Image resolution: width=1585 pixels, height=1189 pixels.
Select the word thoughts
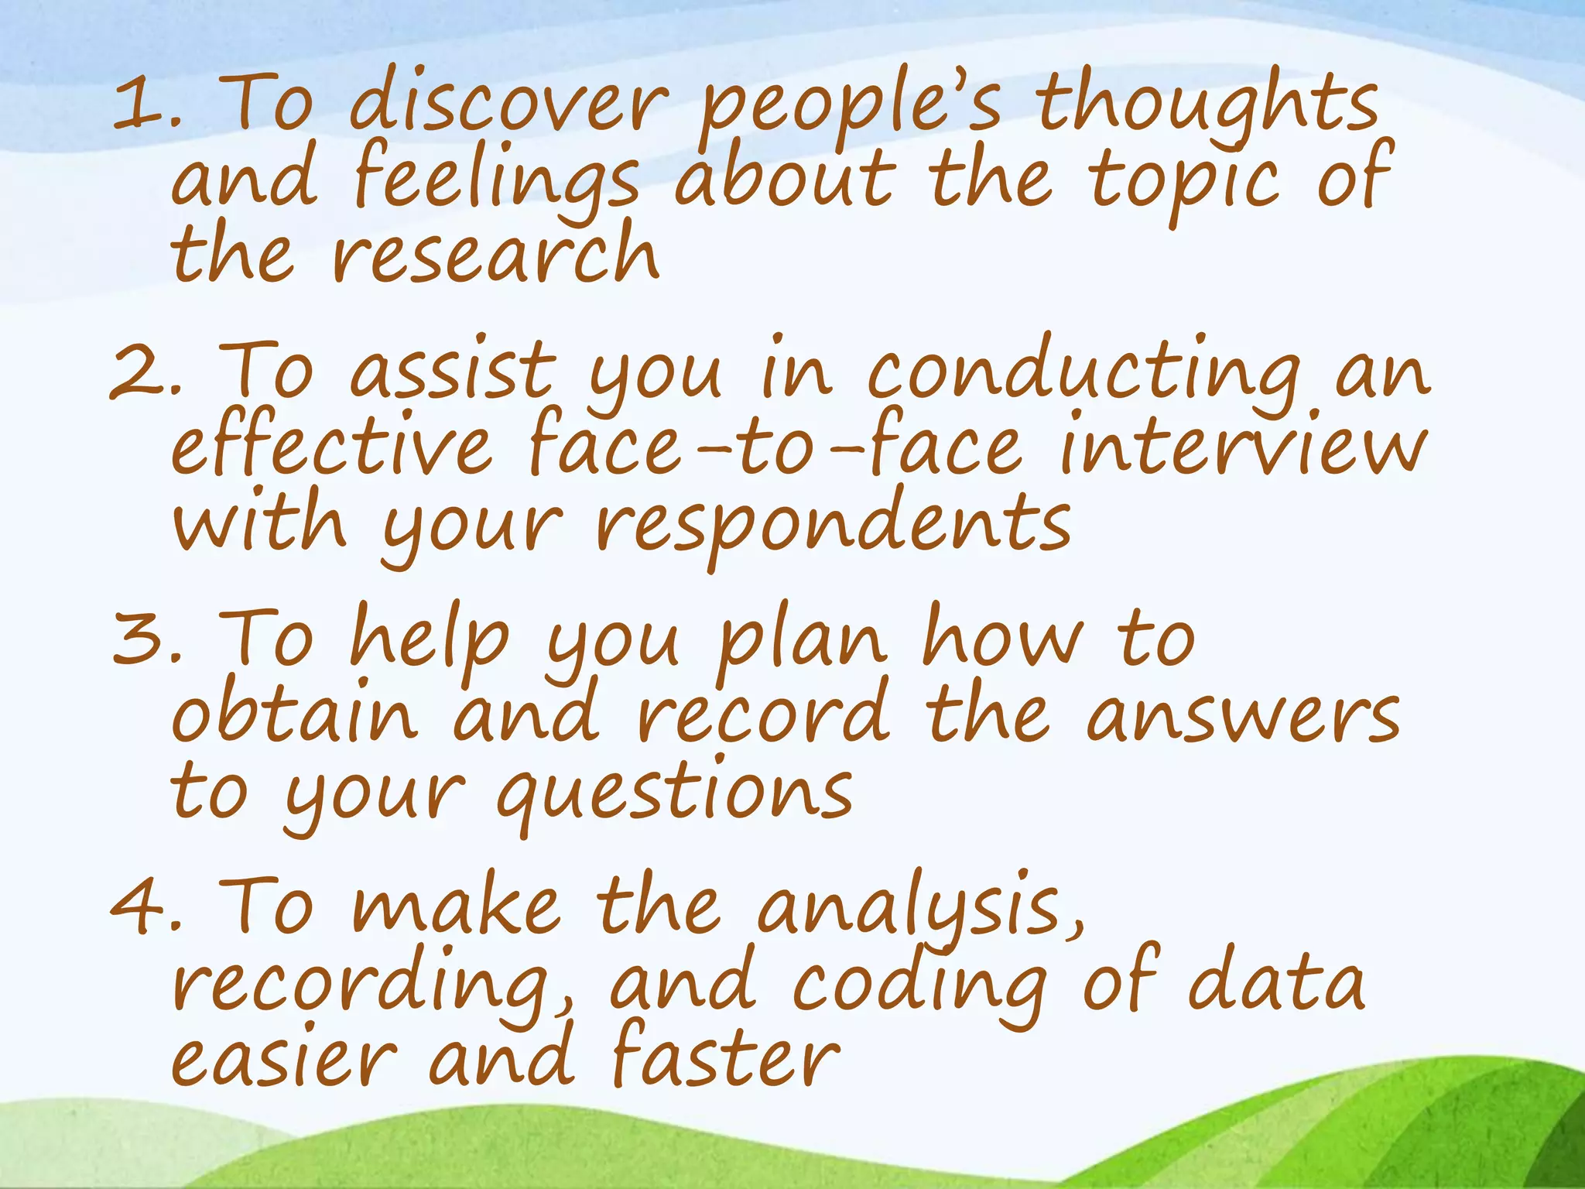coord(1207,105)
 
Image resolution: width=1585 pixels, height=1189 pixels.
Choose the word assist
coord(454,372)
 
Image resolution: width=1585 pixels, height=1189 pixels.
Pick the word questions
coord(673,793)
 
